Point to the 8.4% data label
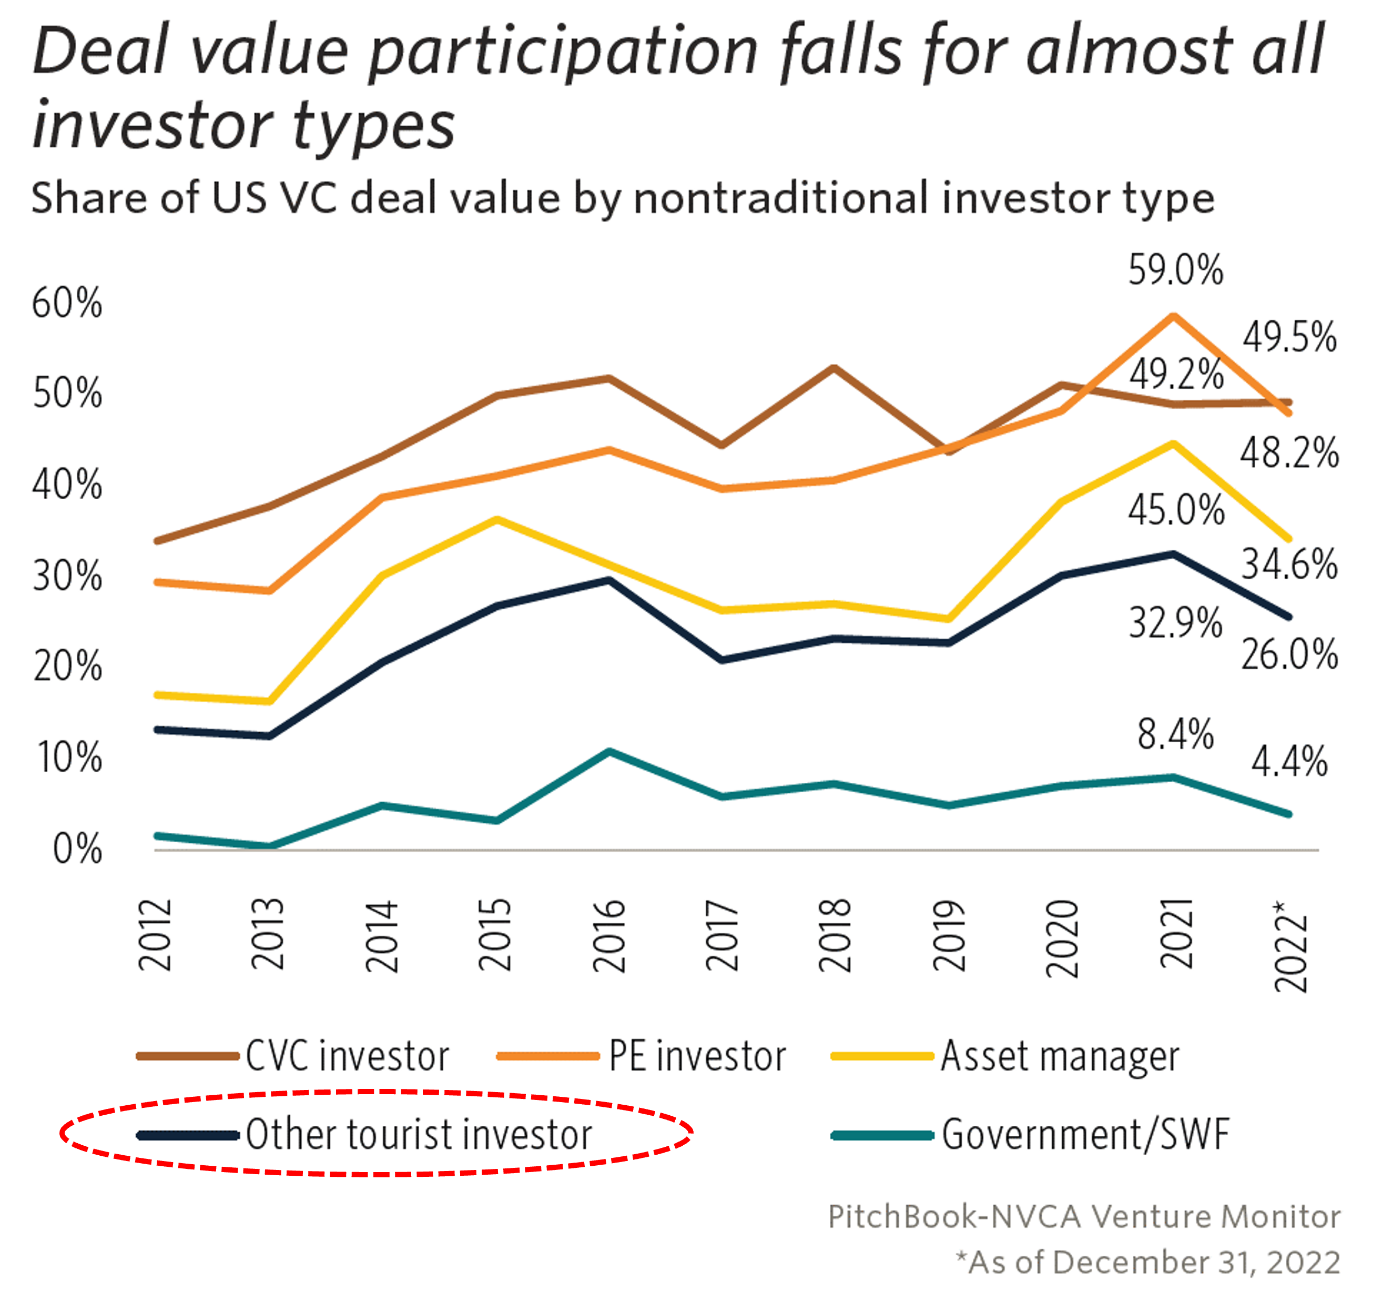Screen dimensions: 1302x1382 1175,734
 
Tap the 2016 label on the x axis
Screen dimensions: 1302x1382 609,935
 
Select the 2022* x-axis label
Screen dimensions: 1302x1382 1290,946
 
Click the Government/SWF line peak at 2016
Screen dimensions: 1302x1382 609,751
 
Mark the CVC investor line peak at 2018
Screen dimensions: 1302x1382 834,367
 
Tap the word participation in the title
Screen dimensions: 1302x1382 563,52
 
